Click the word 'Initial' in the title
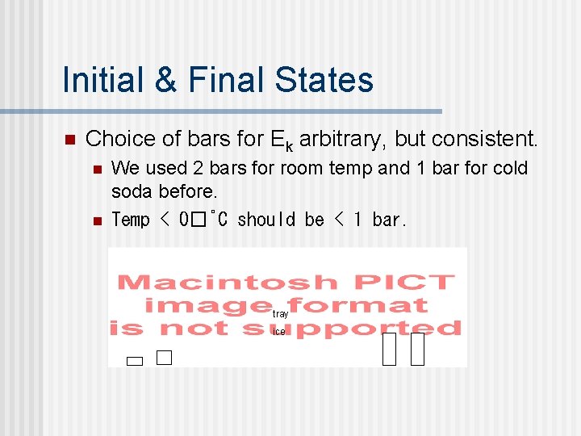[99, 80]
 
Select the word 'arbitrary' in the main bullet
[343, 139]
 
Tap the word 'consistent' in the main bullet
[486, 139]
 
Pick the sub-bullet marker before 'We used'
[96, 170]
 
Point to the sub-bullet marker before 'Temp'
[96, 220]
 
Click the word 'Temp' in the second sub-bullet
[131, 220]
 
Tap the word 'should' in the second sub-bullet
[269, 220]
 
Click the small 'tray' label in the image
[280, 313]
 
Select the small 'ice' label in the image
[279, 332]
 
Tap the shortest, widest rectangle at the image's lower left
[135, 362]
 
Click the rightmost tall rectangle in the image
[417, 350]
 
